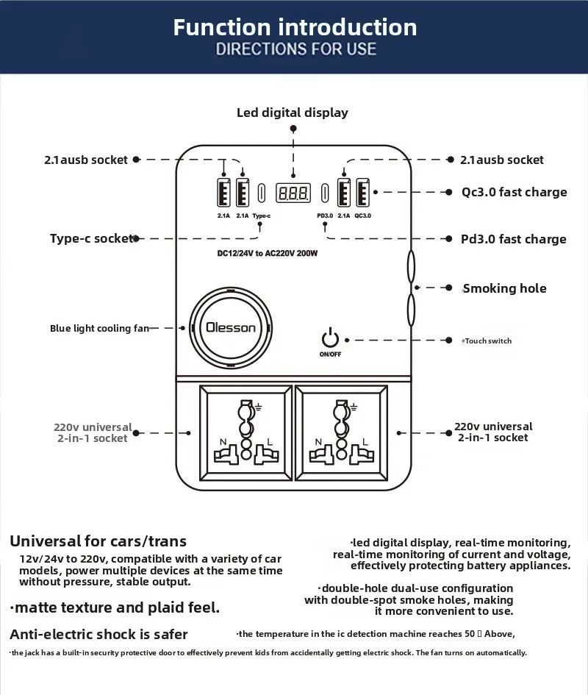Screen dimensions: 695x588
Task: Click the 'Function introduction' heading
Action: tap(295, 27)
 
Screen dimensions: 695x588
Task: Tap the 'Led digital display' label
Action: tap(292, 113)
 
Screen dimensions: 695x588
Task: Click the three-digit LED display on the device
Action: tap(293, 193)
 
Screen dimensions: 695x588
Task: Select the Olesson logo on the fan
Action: tap(231, 327)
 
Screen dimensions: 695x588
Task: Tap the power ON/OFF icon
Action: tap(331, 339)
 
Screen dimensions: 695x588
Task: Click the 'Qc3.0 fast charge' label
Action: tap(514, 192)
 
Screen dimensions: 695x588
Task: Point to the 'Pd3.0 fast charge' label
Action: tap(513, 239)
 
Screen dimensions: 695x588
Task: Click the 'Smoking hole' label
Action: tap(504, 288)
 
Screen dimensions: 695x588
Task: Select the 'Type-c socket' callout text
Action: tap(91, 238)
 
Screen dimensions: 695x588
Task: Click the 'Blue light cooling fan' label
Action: tap(99, 328)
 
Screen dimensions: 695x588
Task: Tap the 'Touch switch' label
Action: tap(488, 341)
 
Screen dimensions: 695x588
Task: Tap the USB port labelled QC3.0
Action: tap(362, 193)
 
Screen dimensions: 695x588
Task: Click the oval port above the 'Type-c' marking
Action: tap(261, 193)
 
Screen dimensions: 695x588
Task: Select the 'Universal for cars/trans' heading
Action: tap(98, 541)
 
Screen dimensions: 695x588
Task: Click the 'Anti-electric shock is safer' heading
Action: tap(98, 634)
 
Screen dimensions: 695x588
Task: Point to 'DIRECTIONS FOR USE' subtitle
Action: tap(295, 49)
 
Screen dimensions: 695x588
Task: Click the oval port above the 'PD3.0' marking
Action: tap(324, 193)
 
